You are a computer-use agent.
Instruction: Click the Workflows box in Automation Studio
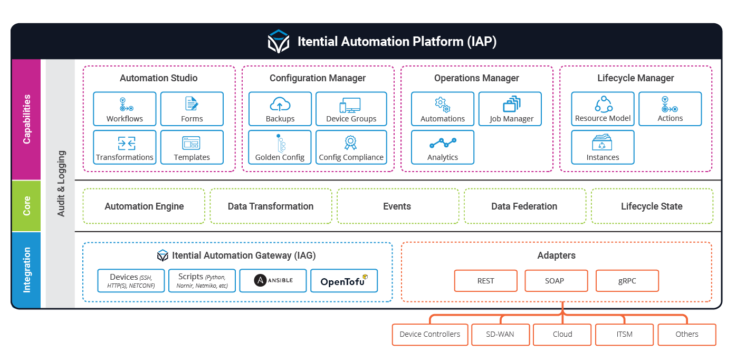125,109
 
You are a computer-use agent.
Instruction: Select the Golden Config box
280,148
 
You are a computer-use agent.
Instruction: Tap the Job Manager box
510,109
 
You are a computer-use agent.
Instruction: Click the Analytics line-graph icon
443,143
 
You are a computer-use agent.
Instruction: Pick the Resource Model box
603,109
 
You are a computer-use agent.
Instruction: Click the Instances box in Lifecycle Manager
603,148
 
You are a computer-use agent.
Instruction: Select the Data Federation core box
524,206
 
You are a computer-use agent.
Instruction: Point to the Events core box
397,206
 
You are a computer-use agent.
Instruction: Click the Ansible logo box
273,280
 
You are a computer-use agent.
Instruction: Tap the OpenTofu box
344,280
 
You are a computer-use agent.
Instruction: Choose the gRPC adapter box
627,281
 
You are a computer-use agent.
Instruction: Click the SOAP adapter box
556,281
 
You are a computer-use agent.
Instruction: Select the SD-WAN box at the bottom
500,335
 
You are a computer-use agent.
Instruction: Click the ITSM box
624,335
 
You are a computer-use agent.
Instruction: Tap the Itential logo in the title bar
279,42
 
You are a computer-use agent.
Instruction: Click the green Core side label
26,206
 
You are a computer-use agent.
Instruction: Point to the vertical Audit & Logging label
61,184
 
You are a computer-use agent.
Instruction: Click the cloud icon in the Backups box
280,104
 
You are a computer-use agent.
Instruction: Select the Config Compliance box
351,148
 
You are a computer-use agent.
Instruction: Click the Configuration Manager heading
318,78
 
